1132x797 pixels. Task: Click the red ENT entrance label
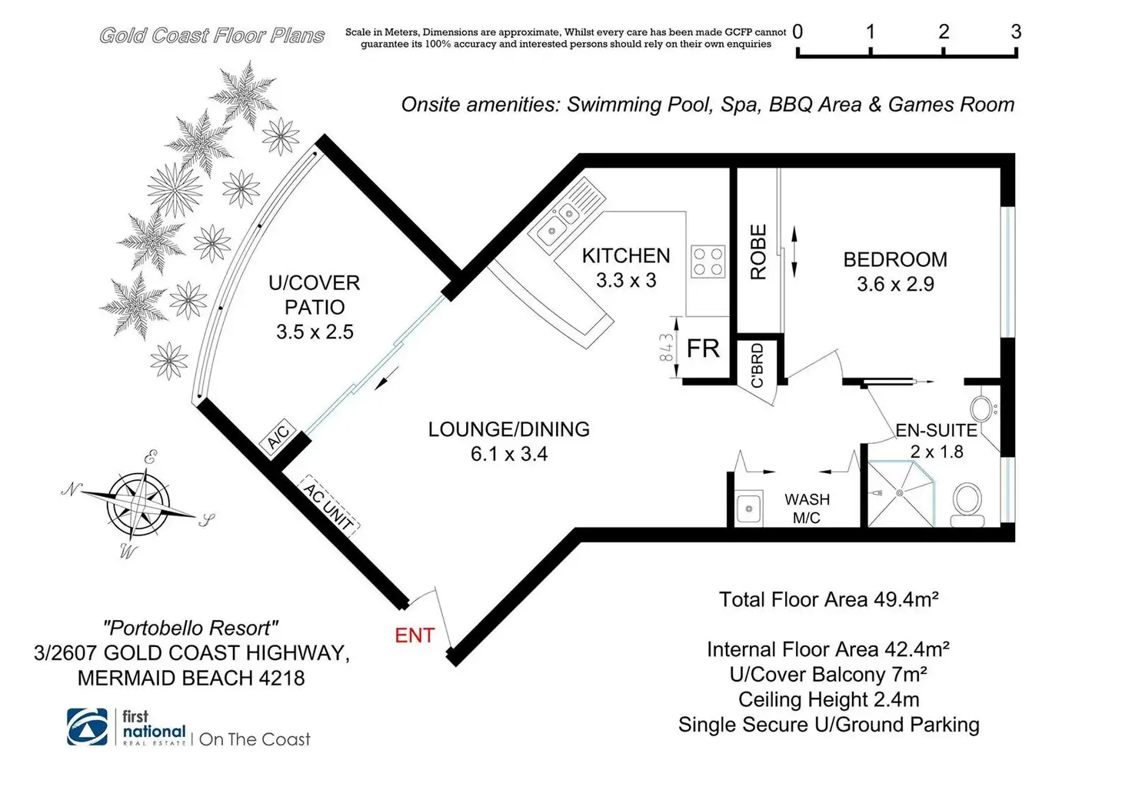point(415,635)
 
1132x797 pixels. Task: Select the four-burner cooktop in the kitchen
point(707,261)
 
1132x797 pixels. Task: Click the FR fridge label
point(703,348)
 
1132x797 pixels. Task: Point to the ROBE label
point(758,252)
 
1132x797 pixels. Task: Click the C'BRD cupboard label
point(757,365)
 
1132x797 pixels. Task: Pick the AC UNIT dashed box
point(328,505)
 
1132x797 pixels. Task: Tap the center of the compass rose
point(138,505)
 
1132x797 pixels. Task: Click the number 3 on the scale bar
point(1015,32)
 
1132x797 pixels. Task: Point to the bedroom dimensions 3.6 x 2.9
point(895,284)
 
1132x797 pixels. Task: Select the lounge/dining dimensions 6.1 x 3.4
point(509,454)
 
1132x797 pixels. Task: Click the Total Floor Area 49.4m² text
point(828,599)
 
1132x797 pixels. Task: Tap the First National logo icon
point(87,727)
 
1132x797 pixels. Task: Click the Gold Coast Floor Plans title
point(211,35)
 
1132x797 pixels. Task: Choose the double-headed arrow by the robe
point(794,252)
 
